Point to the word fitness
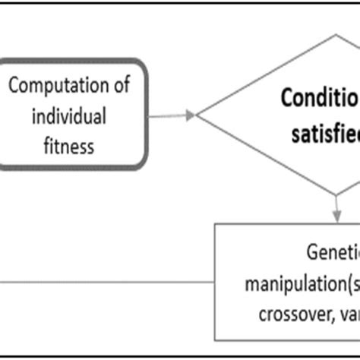69,145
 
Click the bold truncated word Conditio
319,99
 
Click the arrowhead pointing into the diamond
191,115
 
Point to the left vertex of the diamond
197,115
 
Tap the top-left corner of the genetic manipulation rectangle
216,224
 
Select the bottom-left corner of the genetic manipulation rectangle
216,339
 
